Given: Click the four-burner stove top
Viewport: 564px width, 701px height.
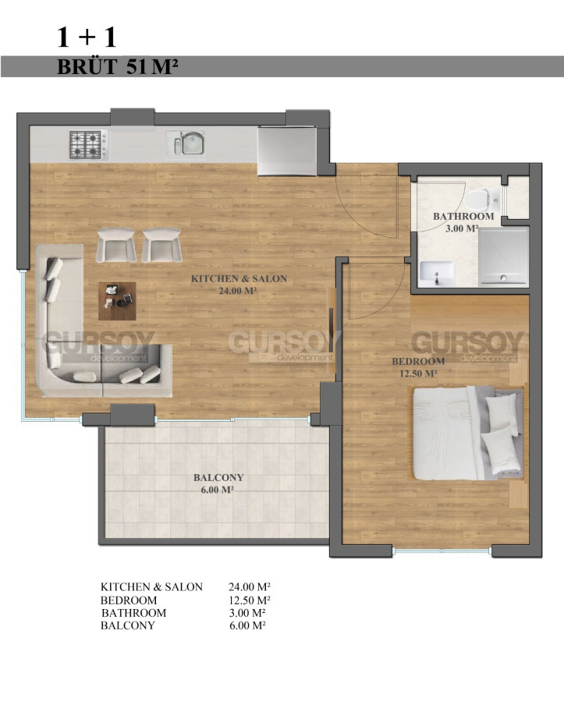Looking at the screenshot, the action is [89, 144].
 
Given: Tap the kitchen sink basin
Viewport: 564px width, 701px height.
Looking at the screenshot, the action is [193, 144].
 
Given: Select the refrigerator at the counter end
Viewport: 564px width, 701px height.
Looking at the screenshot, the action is [288, 150].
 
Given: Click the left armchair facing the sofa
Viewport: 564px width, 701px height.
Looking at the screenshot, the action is [116, 245].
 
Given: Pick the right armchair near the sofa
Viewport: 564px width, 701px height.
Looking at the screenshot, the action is [162, 245].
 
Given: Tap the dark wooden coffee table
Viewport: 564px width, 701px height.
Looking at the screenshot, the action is [117, 301].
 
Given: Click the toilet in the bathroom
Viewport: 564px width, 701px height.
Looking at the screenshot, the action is [482, 200].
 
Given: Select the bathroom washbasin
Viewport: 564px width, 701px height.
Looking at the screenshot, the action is [437, 274].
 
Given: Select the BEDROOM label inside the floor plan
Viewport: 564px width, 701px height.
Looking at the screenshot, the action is [418, 367].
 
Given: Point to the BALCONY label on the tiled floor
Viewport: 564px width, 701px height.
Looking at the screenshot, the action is [218, 483].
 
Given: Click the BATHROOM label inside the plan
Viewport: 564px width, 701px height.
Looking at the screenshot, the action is [463, 222].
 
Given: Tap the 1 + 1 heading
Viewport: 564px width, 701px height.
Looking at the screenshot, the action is [87, 37].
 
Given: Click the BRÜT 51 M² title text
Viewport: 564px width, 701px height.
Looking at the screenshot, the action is [118, 66].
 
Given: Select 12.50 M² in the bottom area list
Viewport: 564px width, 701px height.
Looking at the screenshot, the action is [249, 600].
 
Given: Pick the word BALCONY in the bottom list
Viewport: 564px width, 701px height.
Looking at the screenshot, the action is [127, 625].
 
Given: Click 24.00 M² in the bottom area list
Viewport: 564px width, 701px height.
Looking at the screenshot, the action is [249, 586].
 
